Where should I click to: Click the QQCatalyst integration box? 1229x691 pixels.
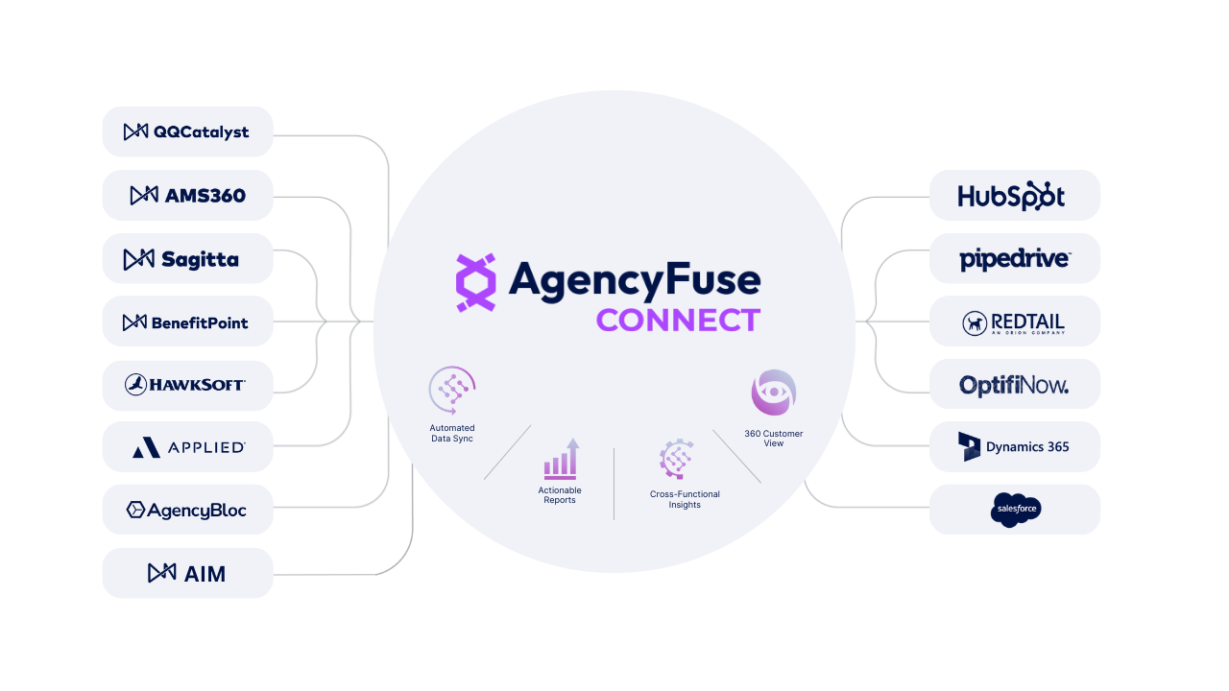click(x=187, y=131)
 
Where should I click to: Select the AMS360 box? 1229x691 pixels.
click(x=187, y=195)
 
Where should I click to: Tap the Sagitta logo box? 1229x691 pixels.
click(x=187, y=258)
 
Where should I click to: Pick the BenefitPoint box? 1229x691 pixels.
click(x=187, y=322)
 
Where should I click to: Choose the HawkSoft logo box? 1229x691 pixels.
click(x=187, y=385)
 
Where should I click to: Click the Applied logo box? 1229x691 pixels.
click(x=187, y=447)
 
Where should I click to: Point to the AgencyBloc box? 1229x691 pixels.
click(x=187, y=510)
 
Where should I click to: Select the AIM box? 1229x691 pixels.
click(x=187, y=573)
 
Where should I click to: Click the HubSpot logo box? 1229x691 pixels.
click(x=1015, y=195)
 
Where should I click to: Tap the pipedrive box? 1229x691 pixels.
click(x=1015, y=258)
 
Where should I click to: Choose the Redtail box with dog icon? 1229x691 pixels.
click(x=1015, y=322)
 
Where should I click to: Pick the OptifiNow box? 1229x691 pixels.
click(x=1015, y=384)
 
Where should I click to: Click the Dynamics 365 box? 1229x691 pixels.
click(x=1015, y=446)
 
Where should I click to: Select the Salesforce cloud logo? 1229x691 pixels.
click(x=1016, y=510)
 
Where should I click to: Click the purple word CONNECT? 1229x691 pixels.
click(x=678, y=320)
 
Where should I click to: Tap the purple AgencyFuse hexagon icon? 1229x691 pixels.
click(x=475, y=282)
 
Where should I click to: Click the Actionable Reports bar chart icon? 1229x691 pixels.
click(x=561, y=460)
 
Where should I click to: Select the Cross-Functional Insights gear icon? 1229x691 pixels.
click(x=677, y=459)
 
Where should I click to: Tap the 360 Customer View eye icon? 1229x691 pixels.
click(x=774, y=393)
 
